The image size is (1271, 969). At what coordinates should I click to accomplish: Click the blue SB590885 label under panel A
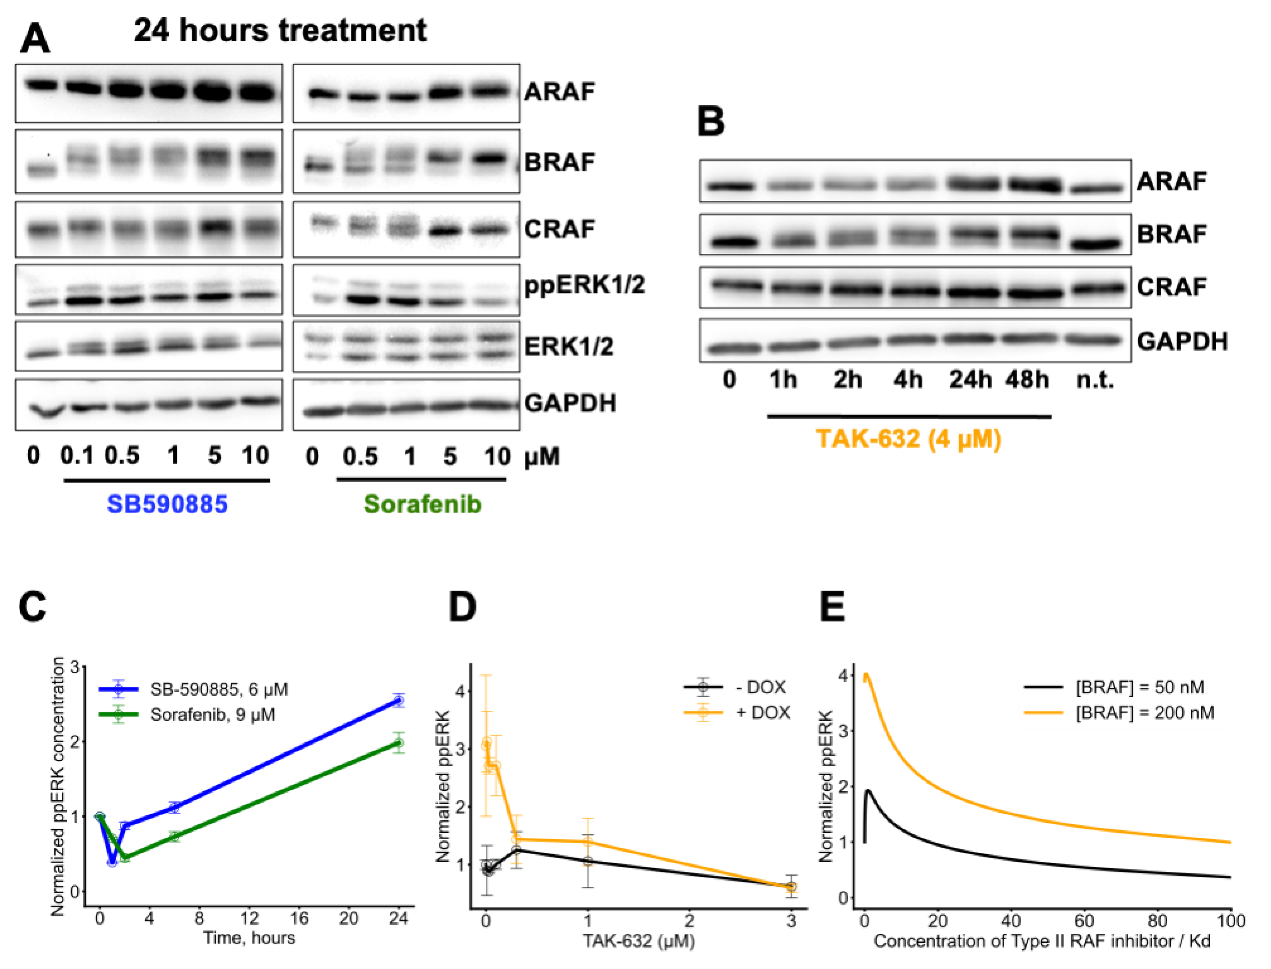[x=167, y=504]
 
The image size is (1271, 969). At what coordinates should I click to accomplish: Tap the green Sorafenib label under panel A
[x=422, y=504]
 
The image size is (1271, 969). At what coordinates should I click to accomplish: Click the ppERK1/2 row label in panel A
[x=584, y=285]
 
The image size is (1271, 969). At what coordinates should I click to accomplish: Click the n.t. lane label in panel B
[x=1095, y=380]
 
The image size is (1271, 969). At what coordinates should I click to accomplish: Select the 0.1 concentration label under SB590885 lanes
[x=77, y=456]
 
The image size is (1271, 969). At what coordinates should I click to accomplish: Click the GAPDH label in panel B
[x=1182, y=341]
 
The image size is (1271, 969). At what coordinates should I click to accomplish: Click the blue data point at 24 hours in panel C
[x=398, y=701]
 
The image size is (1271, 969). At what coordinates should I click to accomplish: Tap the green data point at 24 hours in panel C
[x=398, y=743]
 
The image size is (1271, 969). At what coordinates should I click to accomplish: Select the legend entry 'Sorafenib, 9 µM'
[x=212, y=714]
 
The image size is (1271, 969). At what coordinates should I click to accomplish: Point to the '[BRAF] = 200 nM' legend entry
[x=1145, y=713]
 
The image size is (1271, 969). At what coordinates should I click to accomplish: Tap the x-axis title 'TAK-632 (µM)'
[x=639, y=941]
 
